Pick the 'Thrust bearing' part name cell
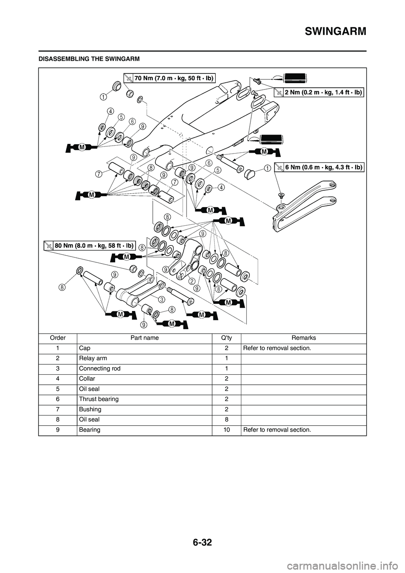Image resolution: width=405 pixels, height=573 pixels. [x=99, y=399]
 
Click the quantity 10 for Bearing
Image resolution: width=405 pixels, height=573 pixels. [x=226, y=430]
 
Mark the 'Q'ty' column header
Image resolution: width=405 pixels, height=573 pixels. [x=226, y=338]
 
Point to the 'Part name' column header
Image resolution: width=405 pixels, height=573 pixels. [x=144, y=338]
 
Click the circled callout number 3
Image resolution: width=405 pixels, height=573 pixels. [x=161, y=299]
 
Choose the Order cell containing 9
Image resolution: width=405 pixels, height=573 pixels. [x=58, y=430]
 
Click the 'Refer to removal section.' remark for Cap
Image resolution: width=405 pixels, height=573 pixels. [x=277, y=348]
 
